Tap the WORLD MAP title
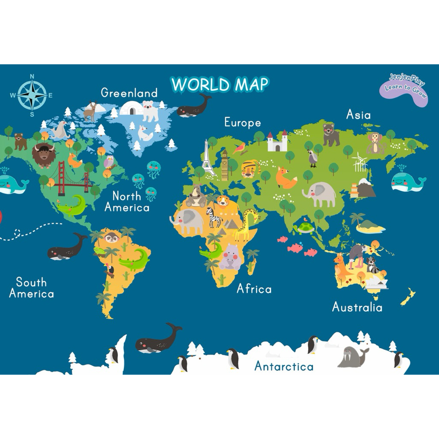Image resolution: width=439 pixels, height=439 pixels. coord(219,84)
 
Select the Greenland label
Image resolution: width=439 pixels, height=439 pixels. coord(129,92)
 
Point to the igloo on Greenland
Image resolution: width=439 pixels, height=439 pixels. coord(130,109)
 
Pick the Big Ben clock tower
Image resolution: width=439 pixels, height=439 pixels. coord(224,165)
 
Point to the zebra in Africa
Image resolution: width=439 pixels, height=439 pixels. coord(214,217)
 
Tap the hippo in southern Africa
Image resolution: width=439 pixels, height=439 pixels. coord(231,256)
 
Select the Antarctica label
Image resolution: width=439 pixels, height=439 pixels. coord(283,366)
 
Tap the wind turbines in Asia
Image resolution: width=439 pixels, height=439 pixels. coord(359,162)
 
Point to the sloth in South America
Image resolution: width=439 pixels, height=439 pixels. coord(111,237)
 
